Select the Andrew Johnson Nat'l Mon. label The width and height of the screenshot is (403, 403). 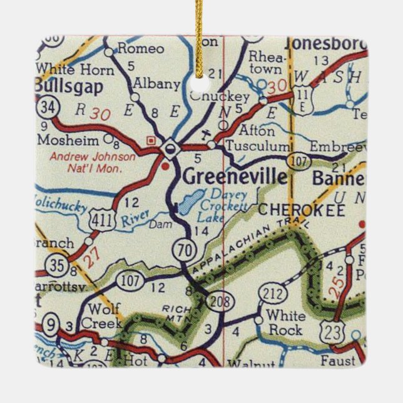point(92,162)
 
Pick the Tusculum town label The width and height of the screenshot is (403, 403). point(258,145)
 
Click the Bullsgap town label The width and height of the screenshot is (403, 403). point(69,86)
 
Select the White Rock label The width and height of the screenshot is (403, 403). point(284,323)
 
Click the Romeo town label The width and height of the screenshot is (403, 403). point(140,48)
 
